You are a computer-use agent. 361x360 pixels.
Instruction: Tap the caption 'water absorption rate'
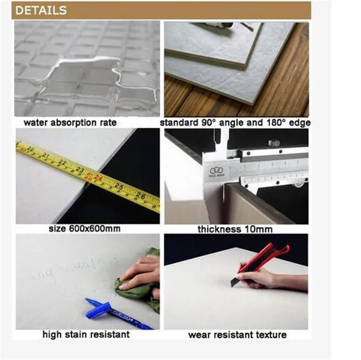(70, 123)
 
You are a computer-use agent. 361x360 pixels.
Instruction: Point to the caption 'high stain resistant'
(86, 335)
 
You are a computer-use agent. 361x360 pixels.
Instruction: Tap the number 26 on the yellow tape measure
(140, 195)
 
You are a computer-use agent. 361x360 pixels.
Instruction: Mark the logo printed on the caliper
(216, 171)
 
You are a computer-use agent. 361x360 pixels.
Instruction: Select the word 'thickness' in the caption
(218, 228)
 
